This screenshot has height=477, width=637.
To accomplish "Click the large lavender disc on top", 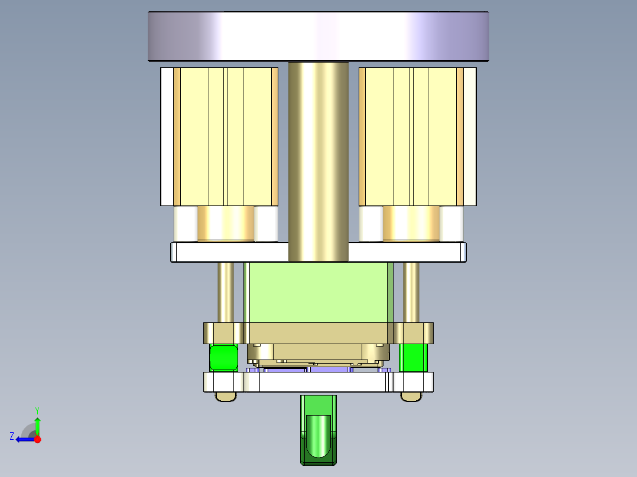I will [318, 36].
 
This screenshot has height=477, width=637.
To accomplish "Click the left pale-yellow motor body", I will [225, 136].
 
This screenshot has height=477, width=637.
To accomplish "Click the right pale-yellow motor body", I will [411, 136].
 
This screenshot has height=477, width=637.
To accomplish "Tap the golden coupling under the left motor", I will [225, 223].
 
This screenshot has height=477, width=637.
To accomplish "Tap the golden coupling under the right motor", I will [411, 223].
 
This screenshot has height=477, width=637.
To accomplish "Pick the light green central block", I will [318, 292].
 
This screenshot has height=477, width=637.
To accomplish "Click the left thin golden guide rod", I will [226, 292].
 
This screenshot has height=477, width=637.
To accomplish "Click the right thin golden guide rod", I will [411, 292].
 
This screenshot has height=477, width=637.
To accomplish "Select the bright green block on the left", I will [224, 358].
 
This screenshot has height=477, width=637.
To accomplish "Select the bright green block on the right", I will [413, 358].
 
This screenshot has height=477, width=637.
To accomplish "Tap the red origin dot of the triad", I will [37, 439].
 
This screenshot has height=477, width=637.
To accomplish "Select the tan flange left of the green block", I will [223, 332].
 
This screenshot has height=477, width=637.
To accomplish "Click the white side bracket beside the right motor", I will [470, 136].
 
